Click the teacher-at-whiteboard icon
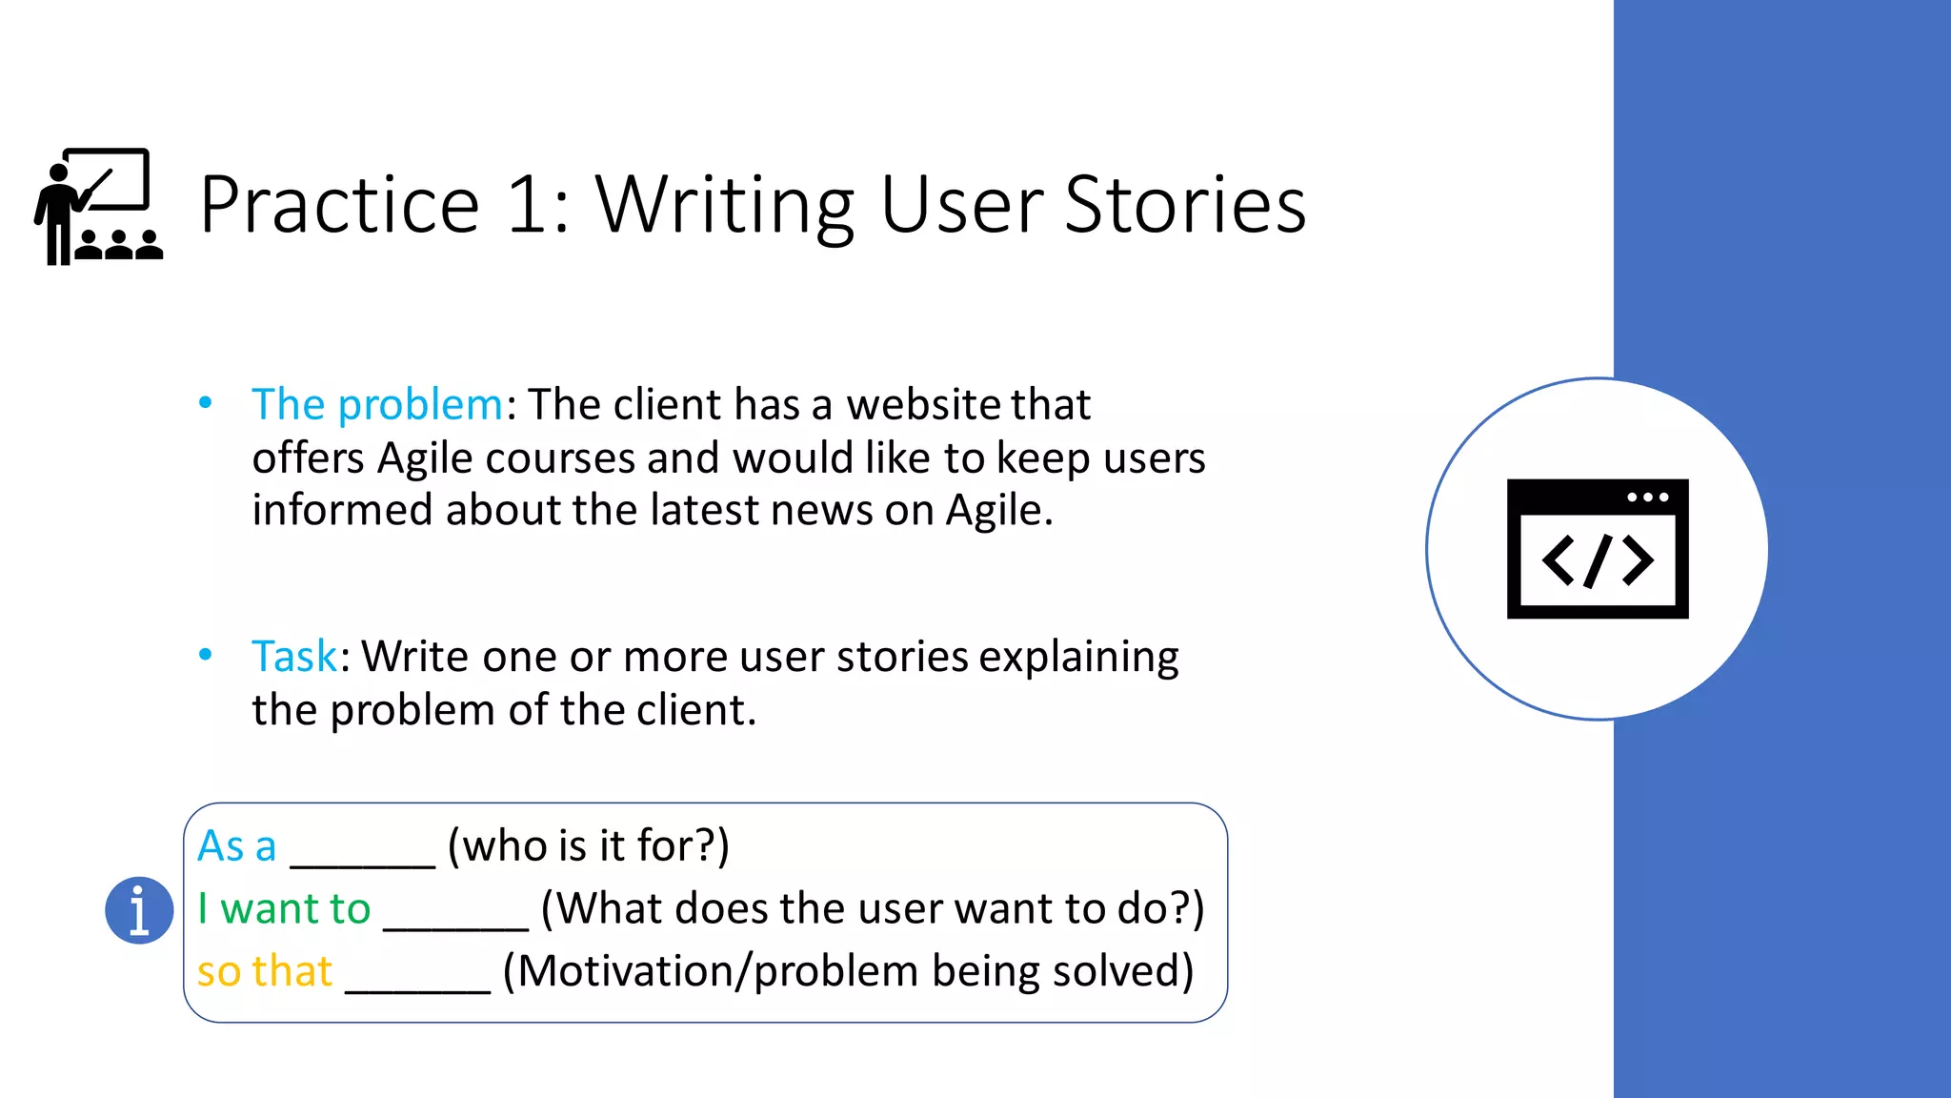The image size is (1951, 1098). [99, 206]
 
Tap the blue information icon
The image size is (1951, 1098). [139, 910]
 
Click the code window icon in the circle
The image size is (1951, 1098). [1598, 549]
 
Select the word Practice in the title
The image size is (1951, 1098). [339, 205]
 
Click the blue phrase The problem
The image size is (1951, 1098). [377, 405]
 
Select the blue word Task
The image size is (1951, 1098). [293, 657]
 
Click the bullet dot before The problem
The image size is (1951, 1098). [205, 403]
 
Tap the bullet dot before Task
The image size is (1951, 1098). [205, 655]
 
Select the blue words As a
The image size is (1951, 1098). [236, 846]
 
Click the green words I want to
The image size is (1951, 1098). [284, 908]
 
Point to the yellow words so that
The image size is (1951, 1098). [264, 971]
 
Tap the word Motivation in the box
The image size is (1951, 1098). [630, 971]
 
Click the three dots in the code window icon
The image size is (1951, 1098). [1647, 498]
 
